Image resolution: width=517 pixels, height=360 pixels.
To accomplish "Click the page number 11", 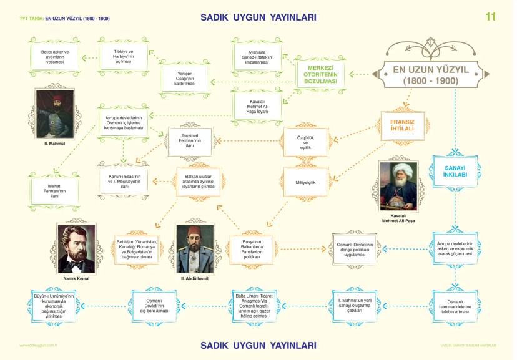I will (490, 17).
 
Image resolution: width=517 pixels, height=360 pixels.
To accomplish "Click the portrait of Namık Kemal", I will (76, 248).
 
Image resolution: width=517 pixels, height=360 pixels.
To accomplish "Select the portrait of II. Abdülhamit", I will (194, 248).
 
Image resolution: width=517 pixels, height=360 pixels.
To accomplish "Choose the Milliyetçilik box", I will (305, 183).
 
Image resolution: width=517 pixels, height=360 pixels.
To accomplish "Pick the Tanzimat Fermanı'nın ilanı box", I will (189, 142).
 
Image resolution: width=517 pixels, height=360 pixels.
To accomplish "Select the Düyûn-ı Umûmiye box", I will (54, 306).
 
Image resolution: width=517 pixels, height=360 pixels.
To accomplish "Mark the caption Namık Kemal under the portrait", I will (76, 278).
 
